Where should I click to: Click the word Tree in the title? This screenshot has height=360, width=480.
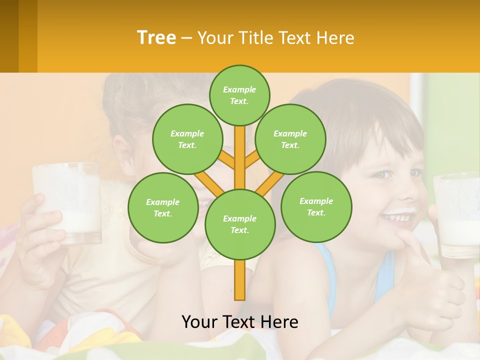click(156, 37)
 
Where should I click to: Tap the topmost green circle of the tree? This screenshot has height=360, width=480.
click(239, 95)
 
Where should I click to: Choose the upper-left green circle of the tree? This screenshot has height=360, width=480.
click(187, 139)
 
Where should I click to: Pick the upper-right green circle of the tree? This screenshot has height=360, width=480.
click(290, 139)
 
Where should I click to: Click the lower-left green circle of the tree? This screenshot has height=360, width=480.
click(162, 207)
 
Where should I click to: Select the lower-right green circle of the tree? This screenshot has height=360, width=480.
click(316, 206)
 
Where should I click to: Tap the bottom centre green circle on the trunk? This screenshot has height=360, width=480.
click(240, 224)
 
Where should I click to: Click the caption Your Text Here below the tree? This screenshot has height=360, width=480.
click(240, 322)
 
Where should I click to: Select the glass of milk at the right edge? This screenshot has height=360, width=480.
click(457, 215)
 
